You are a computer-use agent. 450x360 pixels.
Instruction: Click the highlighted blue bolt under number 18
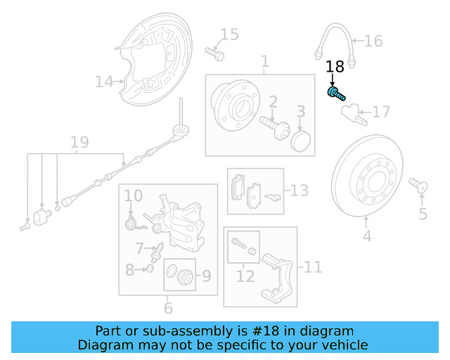pos(335,93)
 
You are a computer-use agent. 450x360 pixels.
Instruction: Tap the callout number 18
pos(335,67)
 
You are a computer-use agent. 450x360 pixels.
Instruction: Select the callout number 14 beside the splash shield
pos(104,83)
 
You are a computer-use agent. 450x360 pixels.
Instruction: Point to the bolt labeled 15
pos(214,51)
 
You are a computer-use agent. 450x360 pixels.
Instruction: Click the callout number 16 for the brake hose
pos(373,41)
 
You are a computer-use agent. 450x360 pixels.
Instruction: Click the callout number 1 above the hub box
pos(264,63)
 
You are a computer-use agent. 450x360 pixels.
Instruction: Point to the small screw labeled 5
pos(419,186)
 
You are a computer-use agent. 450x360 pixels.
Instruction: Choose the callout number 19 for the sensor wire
pos(79,143)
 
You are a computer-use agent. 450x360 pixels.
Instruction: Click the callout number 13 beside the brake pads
pos(300,190)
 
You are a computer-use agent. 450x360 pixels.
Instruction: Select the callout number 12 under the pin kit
pos(245,277)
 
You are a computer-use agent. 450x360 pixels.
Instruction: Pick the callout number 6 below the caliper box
pos(168,308)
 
